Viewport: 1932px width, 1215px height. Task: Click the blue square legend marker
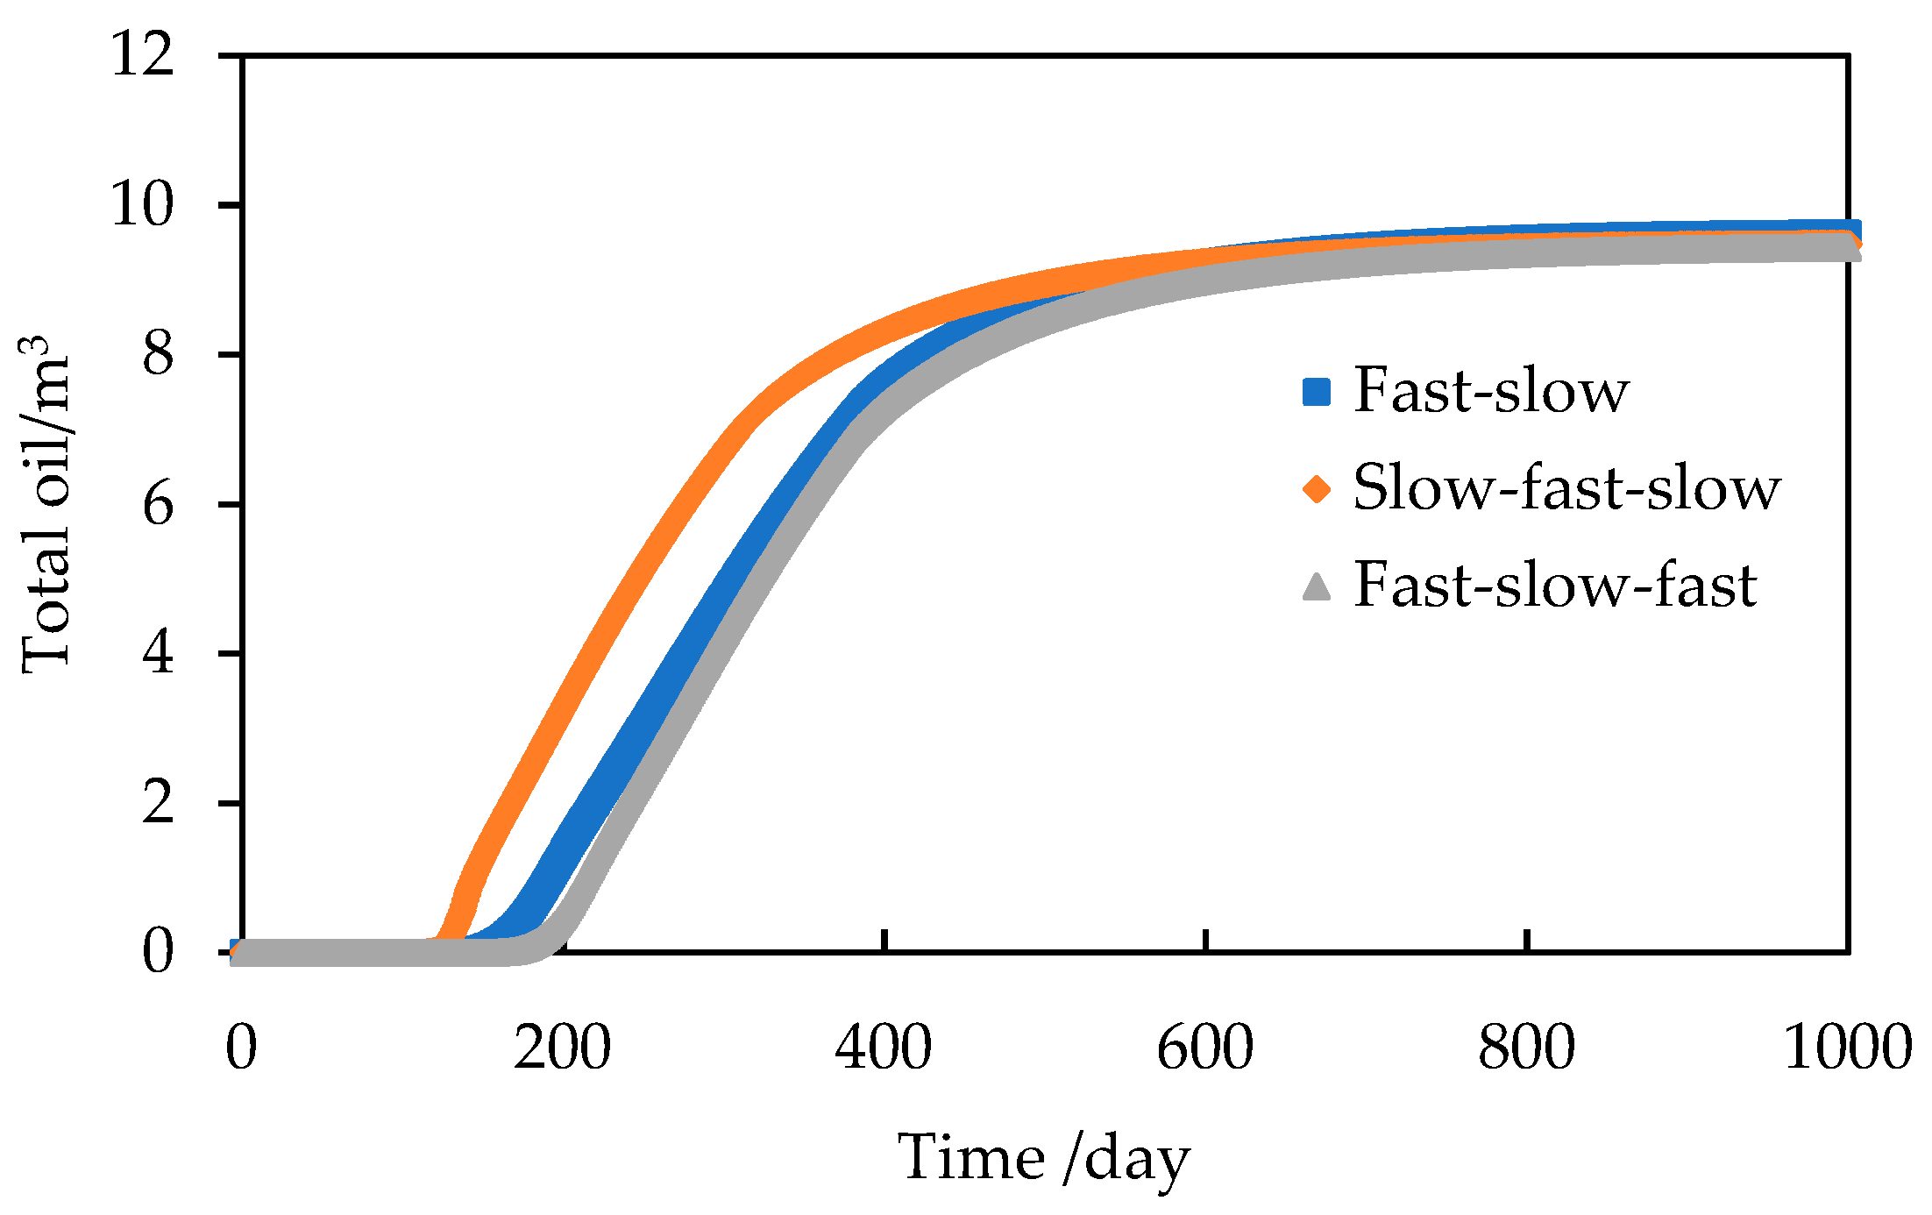click(x=1317, y=392)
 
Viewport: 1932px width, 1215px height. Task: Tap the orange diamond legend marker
click(x=1317, y=488)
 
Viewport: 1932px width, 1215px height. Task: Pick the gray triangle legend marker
click(x=1317, y=586)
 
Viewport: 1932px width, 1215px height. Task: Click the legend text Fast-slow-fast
click(x=1555, y=585)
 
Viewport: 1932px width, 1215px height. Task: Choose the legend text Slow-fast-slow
click(x=1566, y=487)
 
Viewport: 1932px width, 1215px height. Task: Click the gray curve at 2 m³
click(x=631, y=802)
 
